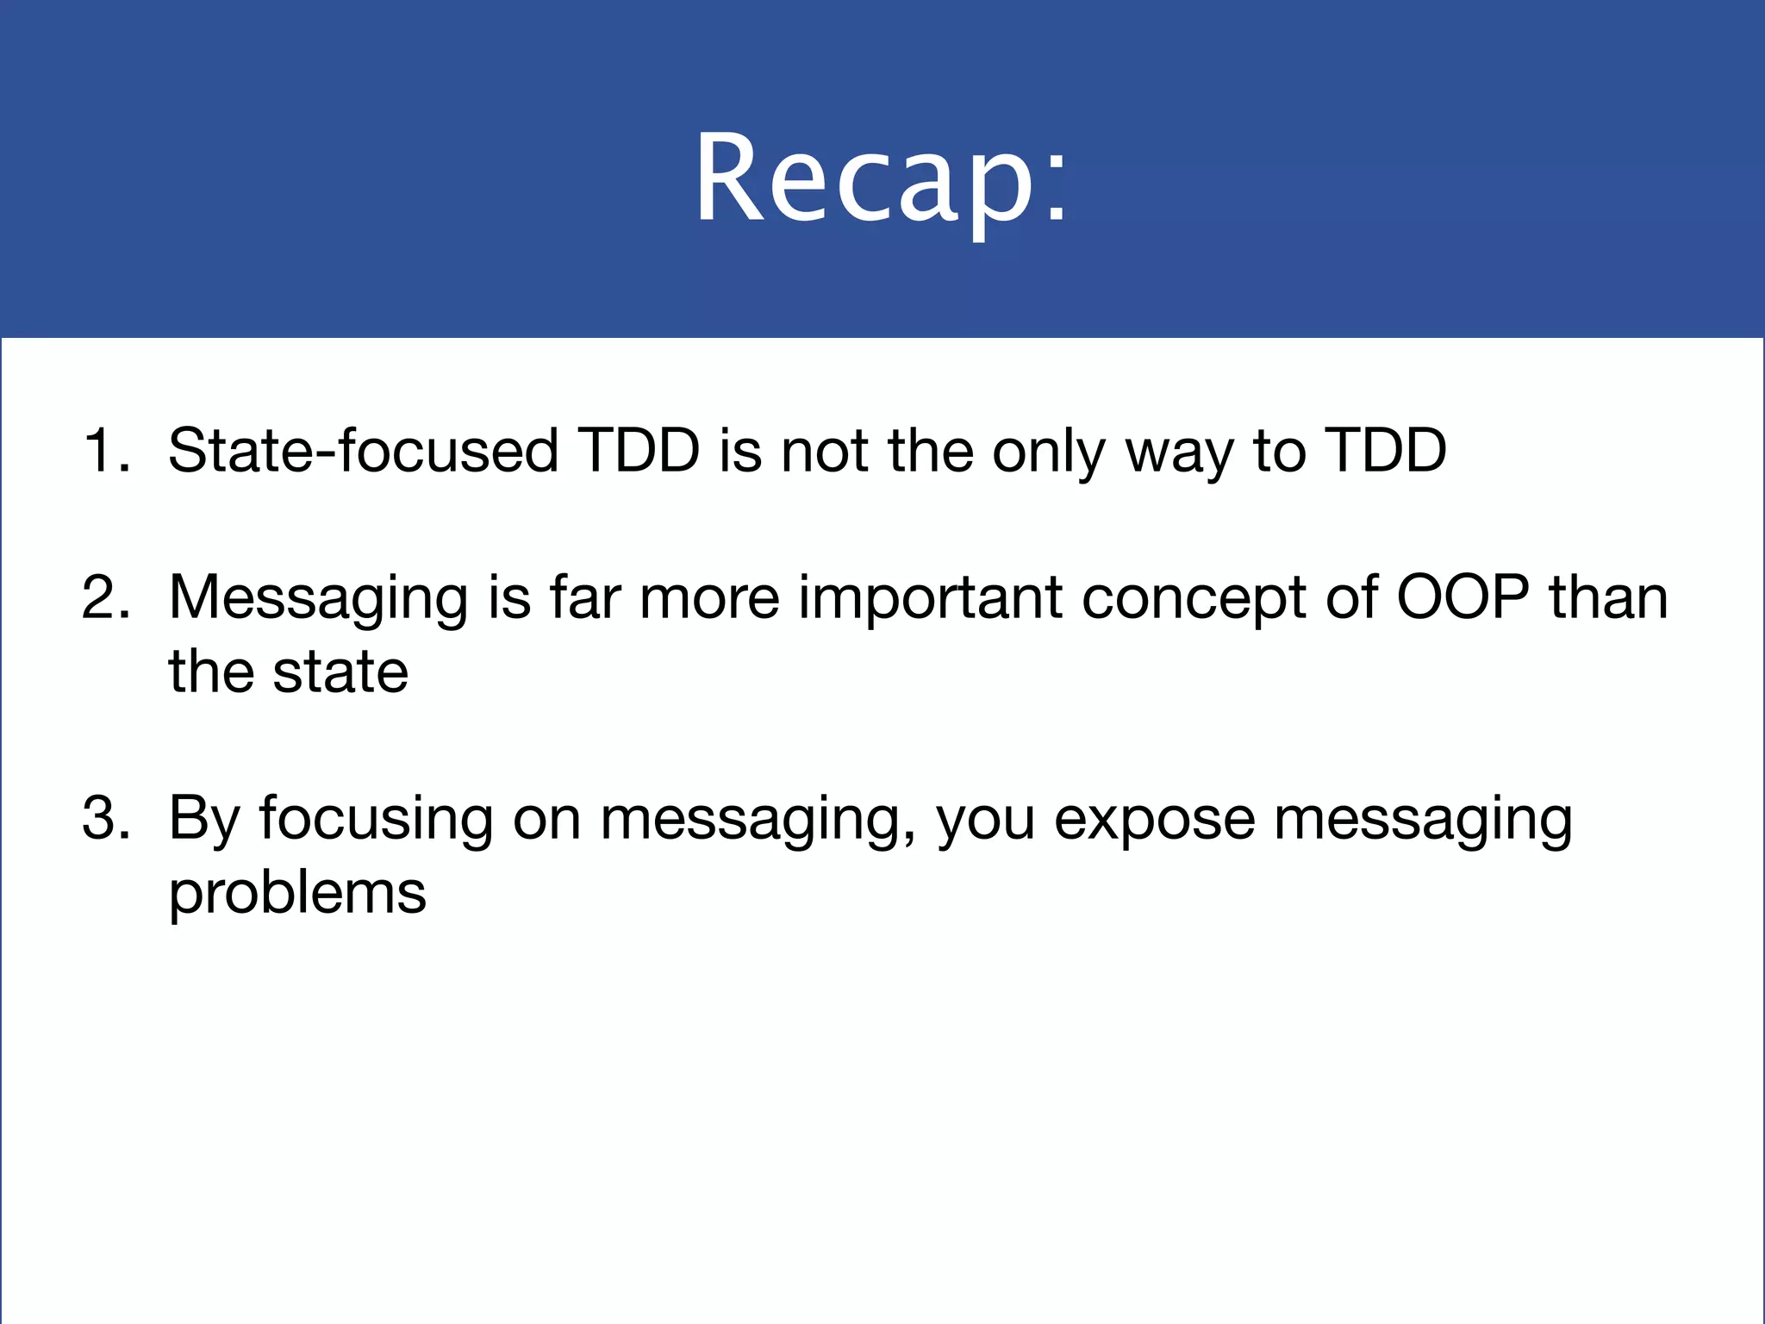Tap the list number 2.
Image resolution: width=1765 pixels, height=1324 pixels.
pyautogui.click(x=103, y=596)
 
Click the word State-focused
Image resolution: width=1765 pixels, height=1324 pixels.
pyautogui.click(x=362, y=450)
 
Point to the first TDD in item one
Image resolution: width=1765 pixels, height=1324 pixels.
pyautogui.click(x=638, y=450)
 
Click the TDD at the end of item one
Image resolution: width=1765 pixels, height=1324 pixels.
pyautogui.click(x=1385, y=450)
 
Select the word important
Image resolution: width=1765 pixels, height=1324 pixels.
pyautogui.click(x=929, y=598)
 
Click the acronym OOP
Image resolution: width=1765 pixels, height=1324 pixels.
pyautogui.click(x=1463, y=596)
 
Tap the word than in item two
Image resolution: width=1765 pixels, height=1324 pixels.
pyautogui.click(x=1608, y=596)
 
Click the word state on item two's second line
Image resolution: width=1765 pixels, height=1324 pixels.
pyautogui.click(x=340, y=672)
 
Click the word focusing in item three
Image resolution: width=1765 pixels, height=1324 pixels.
pyautogui.click(x=376, y=819)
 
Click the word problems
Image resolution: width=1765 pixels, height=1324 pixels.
pyautogui.click(x=296, y=893)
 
